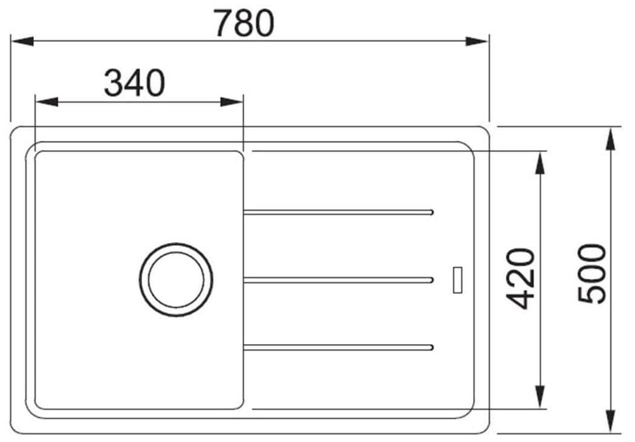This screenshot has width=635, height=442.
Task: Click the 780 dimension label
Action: tap(244, 23)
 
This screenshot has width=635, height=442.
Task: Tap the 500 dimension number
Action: tap(591, 273)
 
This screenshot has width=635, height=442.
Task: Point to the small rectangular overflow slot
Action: tap(458, 279)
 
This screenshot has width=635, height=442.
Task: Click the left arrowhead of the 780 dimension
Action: tap(22, 41)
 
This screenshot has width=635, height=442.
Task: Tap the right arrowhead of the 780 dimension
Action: tap(477, 41)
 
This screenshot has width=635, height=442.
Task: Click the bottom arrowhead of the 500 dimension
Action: tap(611, 421)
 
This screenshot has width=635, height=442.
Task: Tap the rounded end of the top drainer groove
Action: tap(431, 212)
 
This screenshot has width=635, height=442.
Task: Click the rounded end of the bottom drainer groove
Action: tap(431, 347)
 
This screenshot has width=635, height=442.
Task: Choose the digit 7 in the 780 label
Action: tap(223, 23)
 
